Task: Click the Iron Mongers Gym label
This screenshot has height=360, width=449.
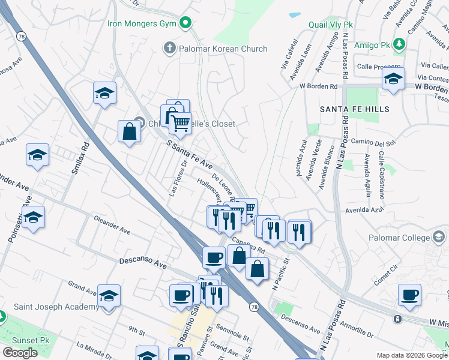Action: click(x=143, y=24)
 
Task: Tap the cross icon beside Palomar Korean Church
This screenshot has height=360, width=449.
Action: click(x=170, y=48)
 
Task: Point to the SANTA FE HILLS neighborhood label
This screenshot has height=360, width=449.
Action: click(x=354, y=109)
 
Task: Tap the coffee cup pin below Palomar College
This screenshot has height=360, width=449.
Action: click(x=410, y=295)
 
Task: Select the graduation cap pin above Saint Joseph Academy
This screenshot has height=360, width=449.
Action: click(x=109, y=296)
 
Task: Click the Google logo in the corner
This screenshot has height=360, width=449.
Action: click(x=20, y=353)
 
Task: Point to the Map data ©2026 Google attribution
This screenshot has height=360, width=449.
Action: click(x=411, y=355)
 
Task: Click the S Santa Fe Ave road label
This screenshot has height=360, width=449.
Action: click(x=190, y=155)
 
